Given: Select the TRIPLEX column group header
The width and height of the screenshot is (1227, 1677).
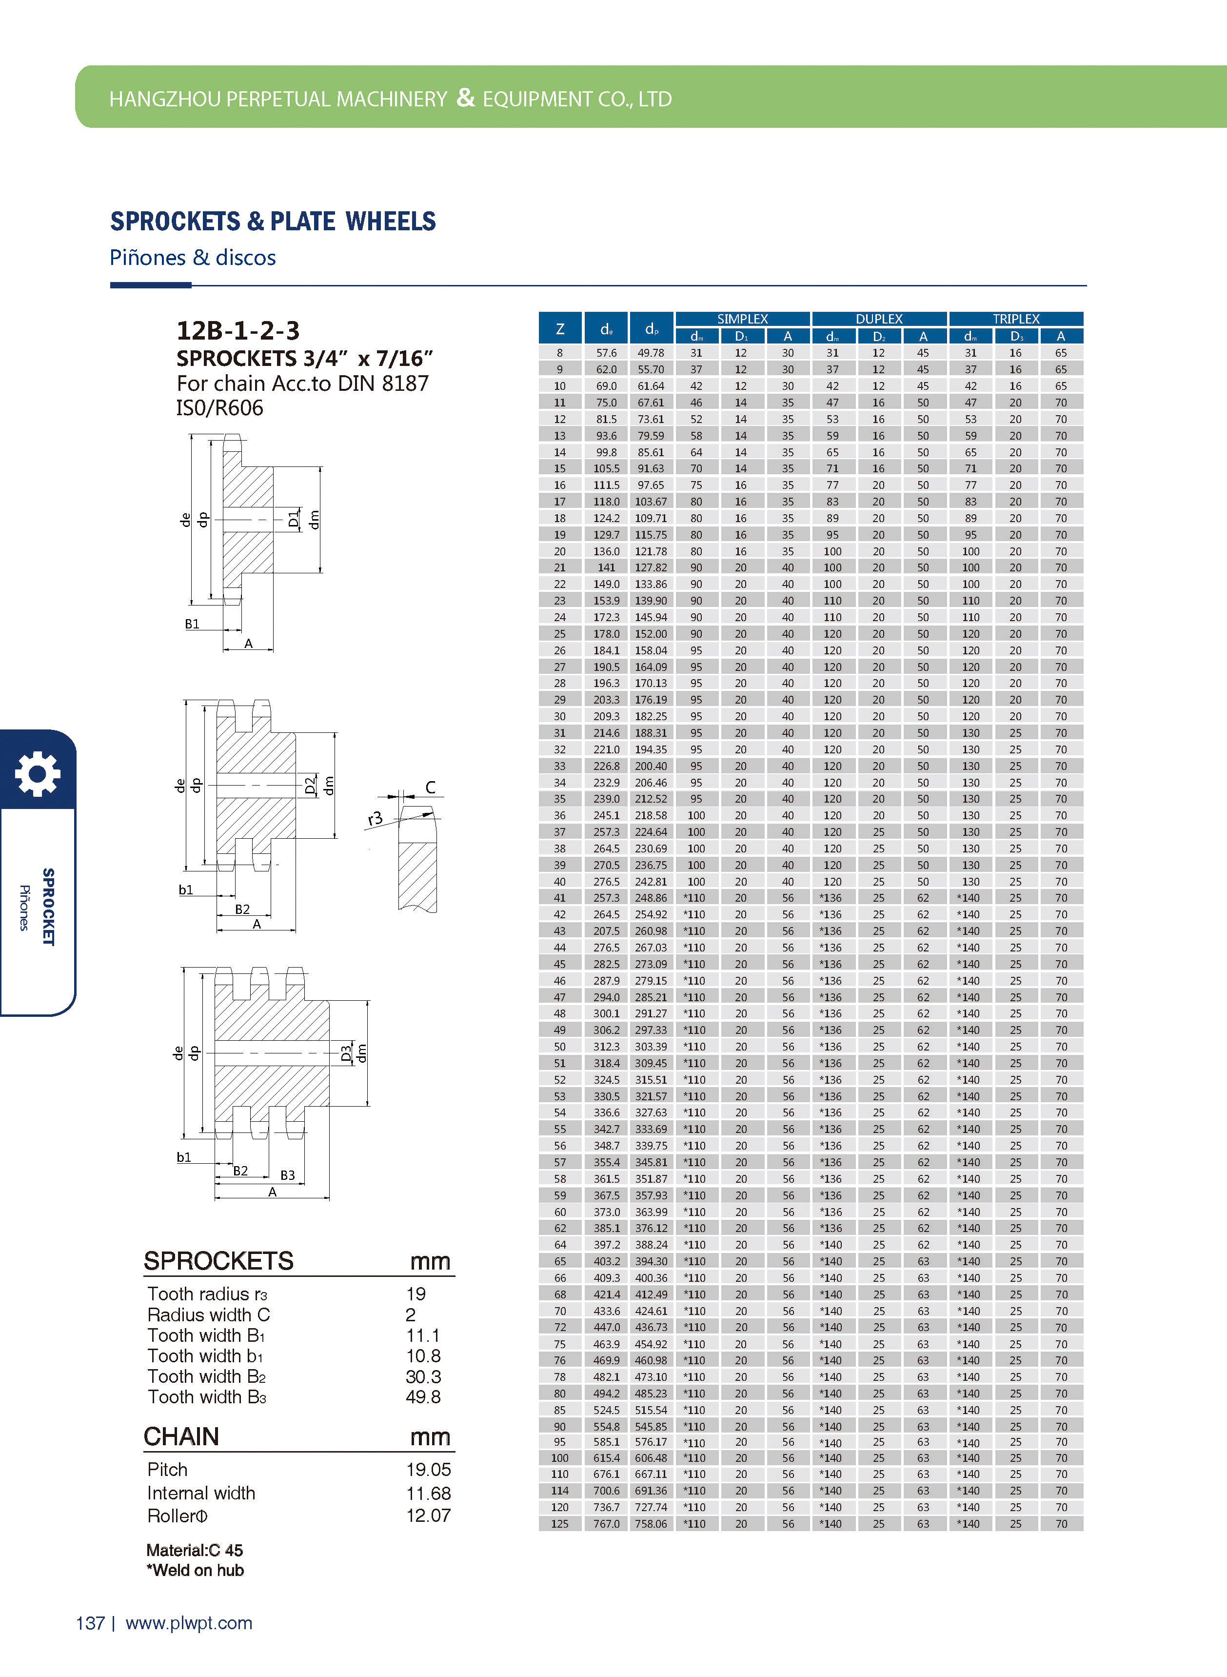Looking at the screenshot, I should click(x=1015, y=319).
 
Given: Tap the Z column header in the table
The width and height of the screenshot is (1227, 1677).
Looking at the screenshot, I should click(x=560, y=328).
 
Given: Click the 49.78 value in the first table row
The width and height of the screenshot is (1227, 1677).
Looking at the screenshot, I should click(x=651, y=353).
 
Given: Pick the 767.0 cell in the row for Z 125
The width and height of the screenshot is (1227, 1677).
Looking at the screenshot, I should click(x=606, y=1523).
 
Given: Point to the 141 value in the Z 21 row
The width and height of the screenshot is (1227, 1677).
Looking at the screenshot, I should click(x=606, y=567).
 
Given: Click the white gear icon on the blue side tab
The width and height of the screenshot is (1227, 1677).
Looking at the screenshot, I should click(x=37, y=773).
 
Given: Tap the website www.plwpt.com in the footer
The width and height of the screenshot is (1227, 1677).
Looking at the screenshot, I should click(x=189, y=1623).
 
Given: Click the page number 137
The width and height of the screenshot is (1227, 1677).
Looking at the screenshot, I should click(x=90, y=1623).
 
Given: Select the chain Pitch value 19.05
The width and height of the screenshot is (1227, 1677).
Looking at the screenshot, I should click(x=428, y=1469).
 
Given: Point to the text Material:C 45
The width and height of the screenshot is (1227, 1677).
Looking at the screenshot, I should click(x=195, y=1550).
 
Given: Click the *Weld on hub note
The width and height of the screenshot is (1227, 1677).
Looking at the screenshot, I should click(x=196, y=1570).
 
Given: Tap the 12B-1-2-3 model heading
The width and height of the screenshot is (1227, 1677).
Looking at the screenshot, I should click(x=237, y=330).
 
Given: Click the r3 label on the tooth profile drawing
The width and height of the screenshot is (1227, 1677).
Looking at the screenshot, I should click(x=375, y=818).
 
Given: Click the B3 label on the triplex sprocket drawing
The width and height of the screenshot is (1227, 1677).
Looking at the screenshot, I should click(x=287, y=1175).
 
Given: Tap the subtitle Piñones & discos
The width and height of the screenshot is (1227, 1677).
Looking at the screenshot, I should click(x=192, y=257).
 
